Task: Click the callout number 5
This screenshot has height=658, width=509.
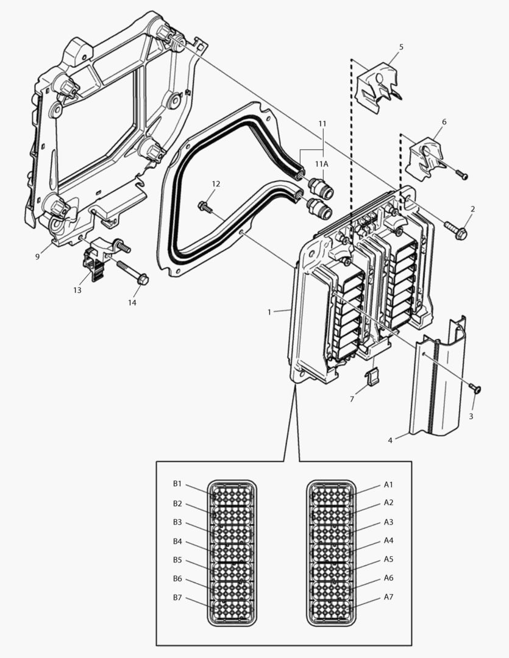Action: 401,47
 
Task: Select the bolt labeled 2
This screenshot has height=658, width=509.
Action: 456,230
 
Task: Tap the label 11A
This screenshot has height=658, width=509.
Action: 321,164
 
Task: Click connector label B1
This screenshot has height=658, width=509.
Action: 177,484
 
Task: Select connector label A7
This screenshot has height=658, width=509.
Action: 388,596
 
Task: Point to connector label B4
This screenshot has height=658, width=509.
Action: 177,541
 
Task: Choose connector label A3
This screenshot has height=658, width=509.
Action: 388,522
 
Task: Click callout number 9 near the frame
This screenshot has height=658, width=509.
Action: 37,256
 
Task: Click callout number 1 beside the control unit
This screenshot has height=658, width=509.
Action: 269,311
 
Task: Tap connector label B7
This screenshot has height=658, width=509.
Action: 177,598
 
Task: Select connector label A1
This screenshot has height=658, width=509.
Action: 388,485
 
